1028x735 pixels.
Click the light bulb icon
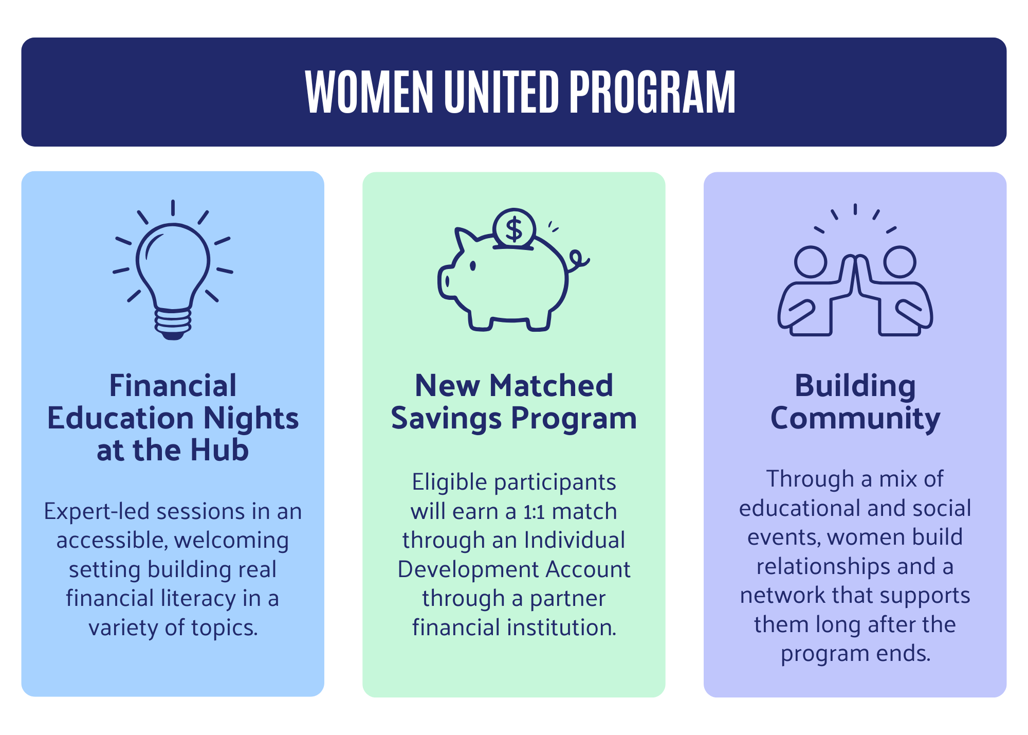tap(173, 270)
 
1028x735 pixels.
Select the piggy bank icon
tap(513, 270)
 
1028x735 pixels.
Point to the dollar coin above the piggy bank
tap(514, 229)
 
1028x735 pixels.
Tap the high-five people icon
tap(855, 270)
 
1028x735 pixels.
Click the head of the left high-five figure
tap(811, 262)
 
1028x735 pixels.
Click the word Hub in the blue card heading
tap(219, 450)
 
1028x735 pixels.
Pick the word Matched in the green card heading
tap(551, 385)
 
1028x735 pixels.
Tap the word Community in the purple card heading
tap(855, 419)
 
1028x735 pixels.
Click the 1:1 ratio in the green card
tap(535, 512)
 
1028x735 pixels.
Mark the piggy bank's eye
tap(473, 266)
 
